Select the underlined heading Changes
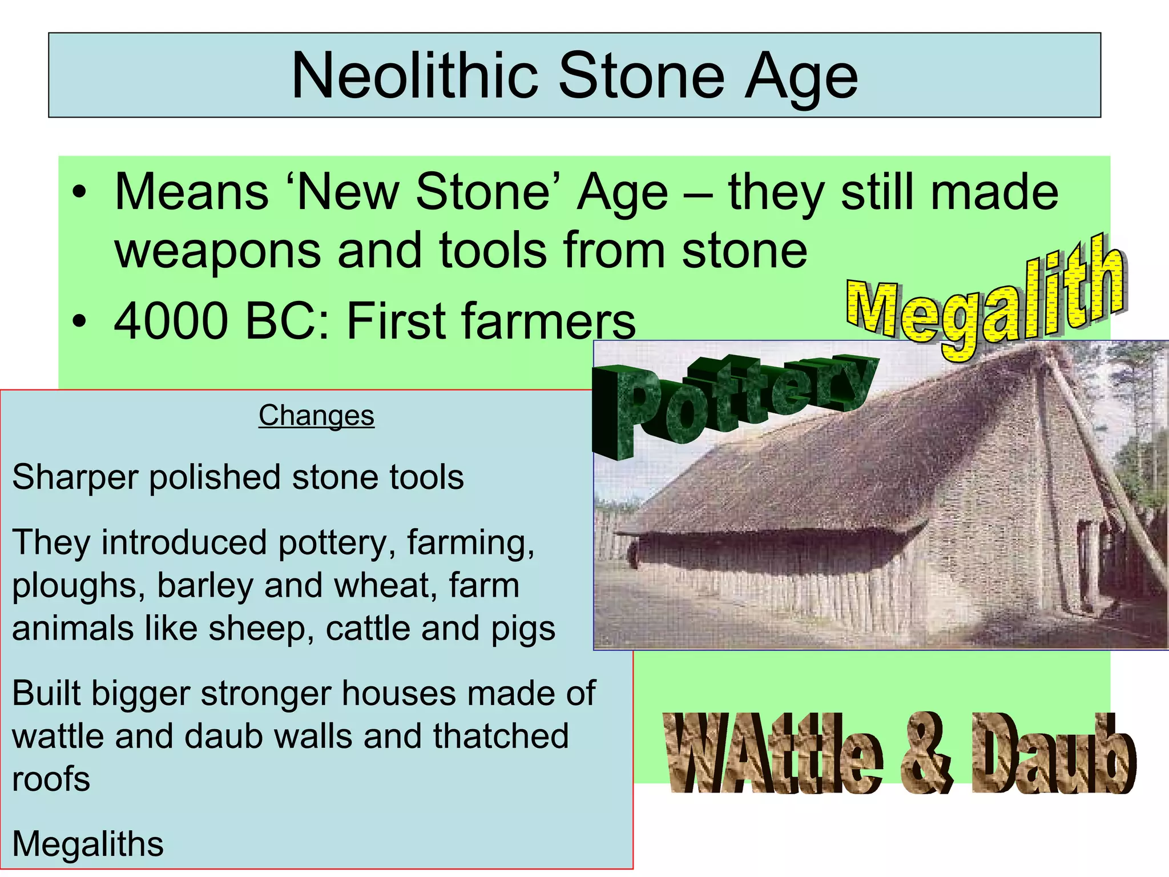point(316,416)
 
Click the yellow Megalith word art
point(985,300)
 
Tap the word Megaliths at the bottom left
point(88,844)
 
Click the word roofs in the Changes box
point(51,779)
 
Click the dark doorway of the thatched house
point(1085,565)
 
